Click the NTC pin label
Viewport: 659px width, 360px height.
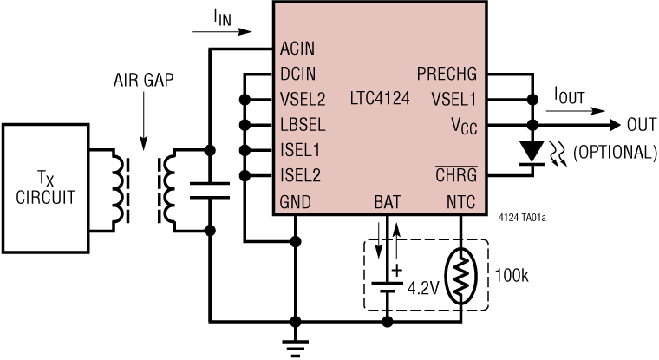[x=461, y=202]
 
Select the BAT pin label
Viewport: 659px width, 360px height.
[x=388, y=202]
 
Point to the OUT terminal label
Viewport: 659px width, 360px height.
[x=641, y=125]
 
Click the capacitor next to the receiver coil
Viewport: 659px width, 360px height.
[x=208, y=191]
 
